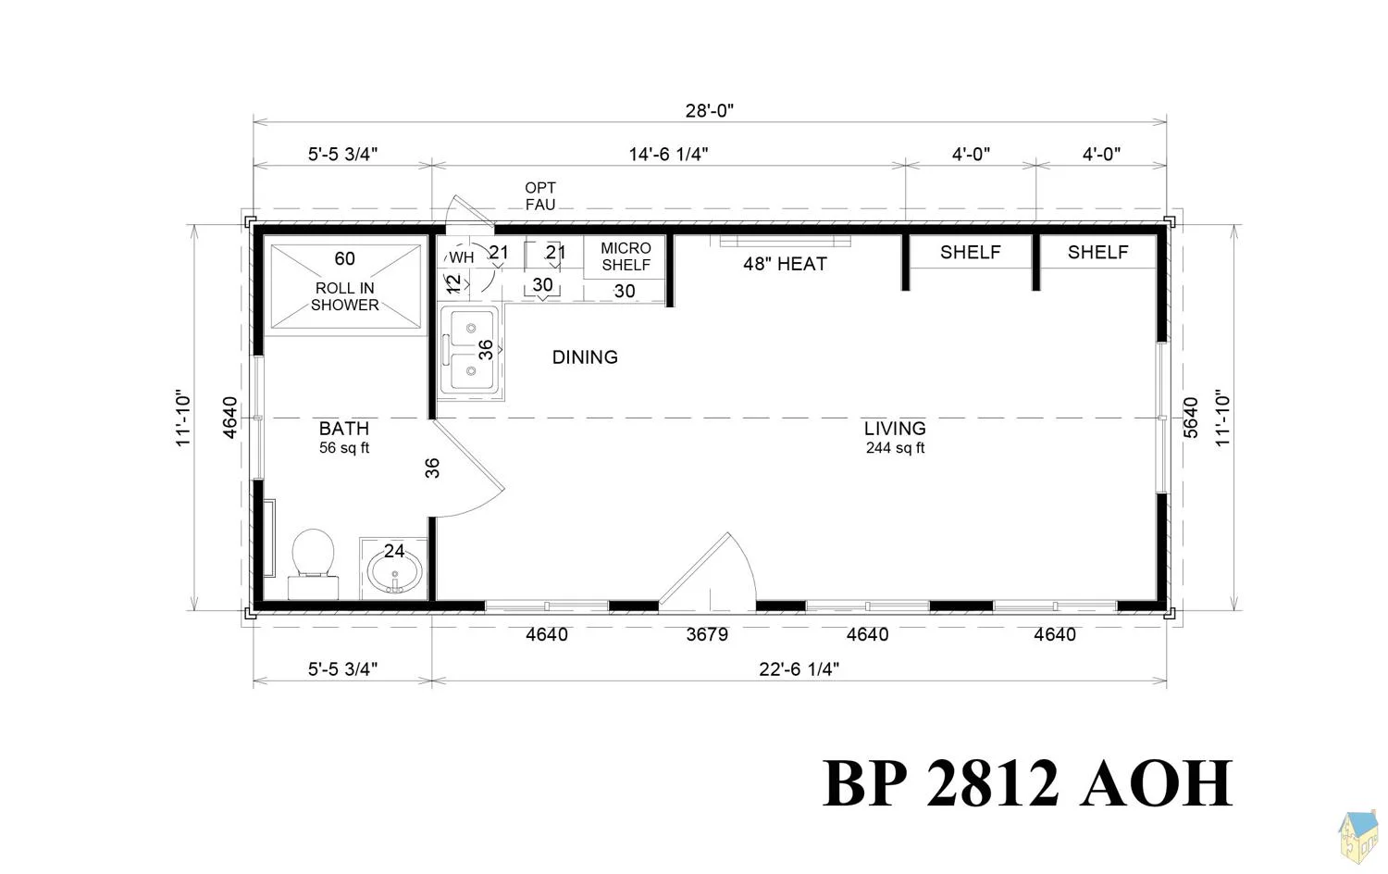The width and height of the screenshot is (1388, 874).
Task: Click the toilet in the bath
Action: pos(314,564)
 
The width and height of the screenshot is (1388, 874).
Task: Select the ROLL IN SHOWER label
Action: pos(344,296)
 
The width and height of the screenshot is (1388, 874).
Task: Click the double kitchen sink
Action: pos(469,352)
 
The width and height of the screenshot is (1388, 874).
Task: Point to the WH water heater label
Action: pos(462,257)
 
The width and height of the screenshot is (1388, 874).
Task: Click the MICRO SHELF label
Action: pos(626,256)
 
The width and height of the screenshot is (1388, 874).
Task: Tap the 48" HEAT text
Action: pos(785,264)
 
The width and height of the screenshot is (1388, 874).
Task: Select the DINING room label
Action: pos(585,357)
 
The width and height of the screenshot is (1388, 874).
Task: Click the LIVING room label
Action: pos(895,429)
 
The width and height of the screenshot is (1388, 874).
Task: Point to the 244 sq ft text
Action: pos(895,447)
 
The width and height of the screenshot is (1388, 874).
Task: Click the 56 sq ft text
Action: pos(344,447)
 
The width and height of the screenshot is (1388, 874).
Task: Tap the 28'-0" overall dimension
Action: pos(710,111)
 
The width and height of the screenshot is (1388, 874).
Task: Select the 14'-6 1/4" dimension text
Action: pos(669,154)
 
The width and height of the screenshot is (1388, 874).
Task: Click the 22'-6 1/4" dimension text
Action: pos(799,669)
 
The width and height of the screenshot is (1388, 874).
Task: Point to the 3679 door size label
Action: pos(707,635)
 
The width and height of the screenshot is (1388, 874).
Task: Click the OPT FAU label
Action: pos(540,196)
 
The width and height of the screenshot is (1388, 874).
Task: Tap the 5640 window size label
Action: pos(1191,418)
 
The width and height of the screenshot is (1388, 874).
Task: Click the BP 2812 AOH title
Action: pos(1028,783)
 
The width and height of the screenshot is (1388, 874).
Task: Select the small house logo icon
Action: pos(1358,837)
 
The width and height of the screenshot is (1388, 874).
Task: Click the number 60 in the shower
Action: pos(344,258)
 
